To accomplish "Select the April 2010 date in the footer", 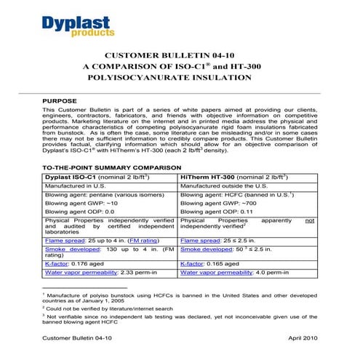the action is pos(302,339).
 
